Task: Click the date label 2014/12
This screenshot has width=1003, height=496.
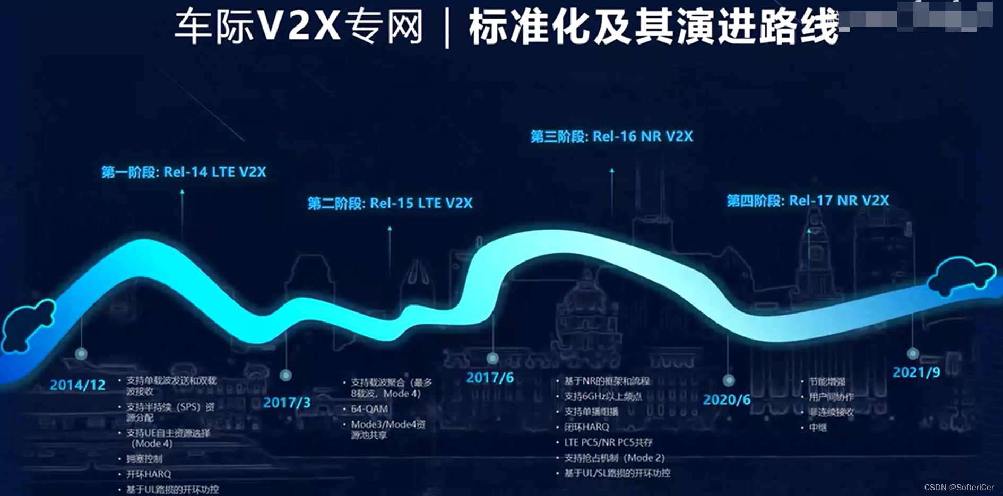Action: tap(77, 385)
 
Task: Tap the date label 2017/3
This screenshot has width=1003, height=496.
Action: tap(287, 403)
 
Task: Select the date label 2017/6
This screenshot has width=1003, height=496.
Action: tap(490, 378)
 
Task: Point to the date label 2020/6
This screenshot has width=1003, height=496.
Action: tap(727, 400)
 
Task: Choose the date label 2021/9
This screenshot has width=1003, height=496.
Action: tap(916, 372)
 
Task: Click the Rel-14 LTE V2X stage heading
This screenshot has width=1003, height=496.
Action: tap(184, 172)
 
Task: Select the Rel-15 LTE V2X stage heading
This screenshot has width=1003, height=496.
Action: tap(390, 203)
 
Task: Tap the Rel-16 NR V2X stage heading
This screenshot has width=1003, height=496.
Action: tap(612, 136)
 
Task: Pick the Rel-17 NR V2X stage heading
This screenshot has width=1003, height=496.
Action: tap(808, 201)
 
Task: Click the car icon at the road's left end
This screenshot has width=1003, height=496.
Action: tap(28, 325)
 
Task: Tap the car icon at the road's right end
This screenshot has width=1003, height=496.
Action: tap(961, 275)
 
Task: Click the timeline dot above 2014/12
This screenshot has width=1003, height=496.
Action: tap(81, 354)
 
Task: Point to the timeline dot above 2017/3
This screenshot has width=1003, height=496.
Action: tap(286, 376)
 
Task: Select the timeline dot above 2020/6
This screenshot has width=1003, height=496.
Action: tap(729, 380)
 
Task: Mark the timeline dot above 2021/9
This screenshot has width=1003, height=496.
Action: tap(913, 353)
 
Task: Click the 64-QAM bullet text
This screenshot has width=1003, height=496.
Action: tap(369, 409)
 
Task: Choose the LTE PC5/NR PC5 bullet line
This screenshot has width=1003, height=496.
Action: tap(608, 442)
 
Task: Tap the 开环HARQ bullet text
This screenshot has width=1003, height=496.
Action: tap(149, 474)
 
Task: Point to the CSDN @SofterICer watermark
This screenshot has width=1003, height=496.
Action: tap(958, 488)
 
